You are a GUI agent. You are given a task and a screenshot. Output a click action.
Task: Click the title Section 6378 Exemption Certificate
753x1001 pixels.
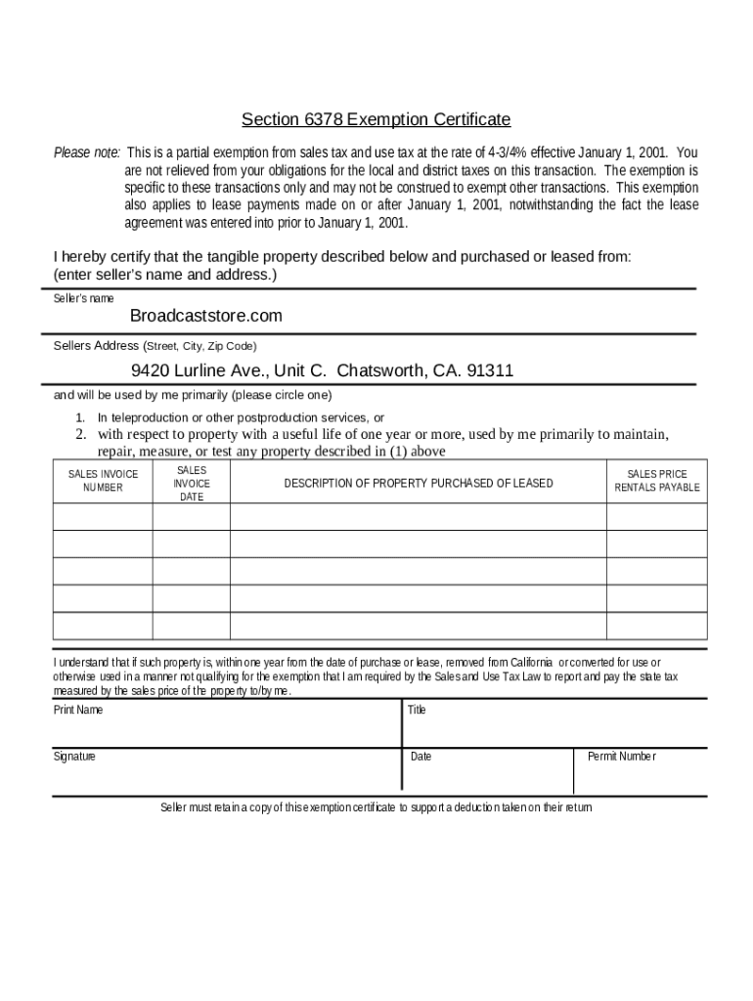(x=376, y=120)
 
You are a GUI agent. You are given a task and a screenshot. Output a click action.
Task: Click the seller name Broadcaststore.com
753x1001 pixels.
(x=206, y=316)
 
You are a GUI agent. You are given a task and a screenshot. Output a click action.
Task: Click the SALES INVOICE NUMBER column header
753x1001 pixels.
(x=103, y=480)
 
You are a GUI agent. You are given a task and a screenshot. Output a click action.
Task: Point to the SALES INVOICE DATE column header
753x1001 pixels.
(x=192, y=483)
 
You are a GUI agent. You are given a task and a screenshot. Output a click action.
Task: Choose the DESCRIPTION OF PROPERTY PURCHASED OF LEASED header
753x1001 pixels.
(x=419, y=483)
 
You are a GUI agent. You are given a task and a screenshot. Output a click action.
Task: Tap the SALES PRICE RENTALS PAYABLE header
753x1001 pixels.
(x=657, y=480)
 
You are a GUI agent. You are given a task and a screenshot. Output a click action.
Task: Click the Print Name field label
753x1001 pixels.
(x=78, y=710)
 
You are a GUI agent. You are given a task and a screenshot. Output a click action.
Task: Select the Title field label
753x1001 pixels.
(x=417, y=710)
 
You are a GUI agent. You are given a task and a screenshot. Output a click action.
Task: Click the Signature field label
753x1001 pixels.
(x=74, y=757)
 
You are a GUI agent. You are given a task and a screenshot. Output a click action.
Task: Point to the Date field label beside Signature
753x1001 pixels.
(x=421, y=757)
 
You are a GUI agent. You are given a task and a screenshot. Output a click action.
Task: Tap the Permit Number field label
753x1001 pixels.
(x=622, y=757)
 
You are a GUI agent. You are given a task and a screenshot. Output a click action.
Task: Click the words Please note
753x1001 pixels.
(x=87, y=152)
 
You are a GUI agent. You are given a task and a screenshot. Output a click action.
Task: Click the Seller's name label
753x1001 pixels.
(x=83, y=298)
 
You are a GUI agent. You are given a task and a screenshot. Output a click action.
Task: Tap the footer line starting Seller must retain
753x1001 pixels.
(x=376, y=807)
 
